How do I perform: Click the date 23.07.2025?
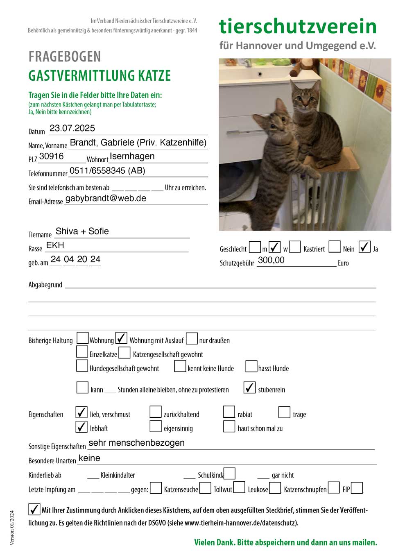(x=72, y=128)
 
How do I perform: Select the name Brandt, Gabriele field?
(x=138, y=143)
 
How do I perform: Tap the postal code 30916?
(x=52, y=156)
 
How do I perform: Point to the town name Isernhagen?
(x=132, y=156)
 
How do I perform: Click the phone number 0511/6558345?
(x=107, y=171)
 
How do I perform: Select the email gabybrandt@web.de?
(x=106, y=198)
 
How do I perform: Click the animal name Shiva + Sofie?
(x=82, y=231)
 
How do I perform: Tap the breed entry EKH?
(x=55, y=245)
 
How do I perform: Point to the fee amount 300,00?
(x=271, y=260)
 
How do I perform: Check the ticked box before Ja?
(x=364, y=247)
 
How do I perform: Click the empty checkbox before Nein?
(x=335, y=247)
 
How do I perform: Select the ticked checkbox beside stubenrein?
(x=249, y=388)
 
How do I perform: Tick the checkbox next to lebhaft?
(x=81, y=426)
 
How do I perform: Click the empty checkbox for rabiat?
(x=229, y=412)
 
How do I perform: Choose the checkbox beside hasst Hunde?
(x=251, y=366)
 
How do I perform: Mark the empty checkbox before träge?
(x=284, y=412)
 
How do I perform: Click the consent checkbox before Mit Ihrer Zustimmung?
(x=34, y=509)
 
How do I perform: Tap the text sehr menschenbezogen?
(x=136, y=443)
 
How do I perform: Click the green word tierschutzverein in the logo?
(x=298, y=26)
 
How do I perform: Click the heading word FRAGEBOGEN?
(x=65, y=57)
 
